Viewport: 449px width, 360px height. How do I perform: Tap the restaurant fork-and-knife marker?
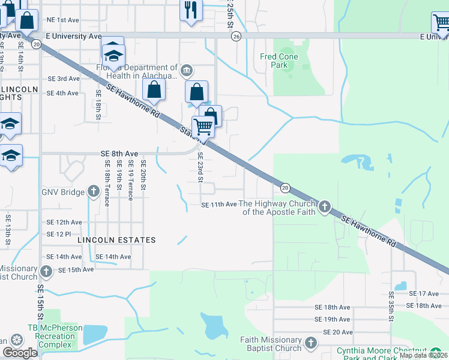191,10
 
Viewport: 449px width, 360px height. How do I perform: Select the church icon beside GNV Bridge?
93,192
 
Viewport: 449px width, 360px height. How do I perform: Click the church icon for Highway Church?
325,208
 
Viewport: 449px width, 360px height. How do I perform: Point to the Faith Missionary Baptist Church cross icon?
310,343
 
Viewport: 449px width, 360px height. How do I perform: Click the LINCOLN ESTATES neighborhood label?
116,240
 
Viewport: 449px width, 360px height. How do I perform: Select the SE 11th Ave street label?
219,205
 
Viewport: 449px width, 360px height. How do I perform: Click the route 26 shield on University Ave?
236,37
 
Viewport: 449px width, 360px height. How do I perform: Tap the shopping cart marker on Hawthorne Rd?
203,127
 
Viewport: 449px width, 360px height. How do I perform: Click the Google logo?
20,353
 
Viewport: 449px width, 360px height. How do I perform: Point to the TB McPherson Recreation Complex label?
52,337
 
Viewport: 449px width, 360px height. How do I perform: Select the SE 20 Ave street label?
338,332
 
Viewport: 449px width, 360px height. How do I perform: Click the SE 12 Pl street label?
59,233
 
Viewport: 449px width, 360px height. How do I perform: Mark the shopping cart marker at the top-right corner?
440,23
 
